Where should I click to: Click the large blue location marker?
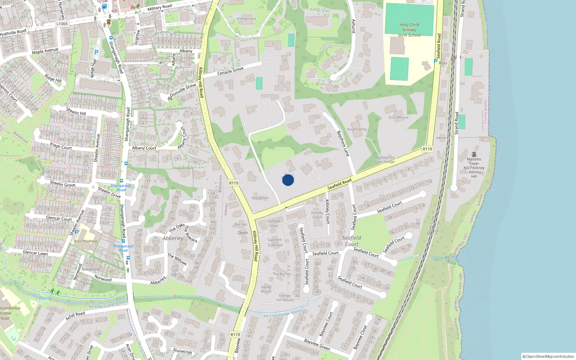pyautogui.click(x=288, y=180)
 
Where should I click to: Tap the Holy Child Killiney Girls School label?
pyautogui.click(x=409, y=30)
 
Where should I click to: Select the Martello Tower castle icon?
pyautogui.click(x=474, y=154)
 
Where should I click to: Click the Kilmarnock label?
pyautogui.click(x=247, y=19)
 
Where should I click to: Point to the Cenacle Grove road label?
pyautogui.click(x=230, y=71)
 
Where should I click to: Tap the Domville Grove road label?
pyautogui.click(x=183, y=90)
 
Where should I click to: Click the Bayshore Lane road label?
pyautogui.click(x=343, y=143)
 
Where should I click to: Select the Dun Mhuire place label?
pyautogui.click(x=399, y=117)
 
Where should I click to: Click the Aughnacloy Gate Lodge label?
pyautogui.click(x=385, y=159)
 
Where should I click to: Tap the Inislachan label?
pyautogui.click(x=260, y=198)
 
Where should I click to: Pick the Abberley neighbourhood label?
pyautogui.click(x=173, y=238)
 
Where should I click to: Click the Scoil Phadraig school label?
pyautogui.click(x=85, y=241)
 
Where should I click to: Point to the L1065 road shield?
pyautogui.click(x=62, y=24)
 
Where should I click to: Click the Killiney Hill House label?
pyautogui.click(x=285, y=298)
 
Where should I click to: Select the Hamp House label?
pyautogui.click(x=266, y=289)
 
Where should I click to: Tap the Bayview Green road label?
pyautogui.click(x=317, y=345)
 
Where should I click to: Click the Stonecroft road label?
pyautogui.click(x=183, y=351)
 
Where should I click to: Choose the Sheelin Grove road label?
pyautogui.click(x=63, y=184)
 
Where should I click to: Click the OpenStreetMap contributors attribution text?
pyautogui.click(x=548, y=356)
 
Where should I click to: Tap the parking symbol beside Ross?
pyautogui.click(x=435, y=62)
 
